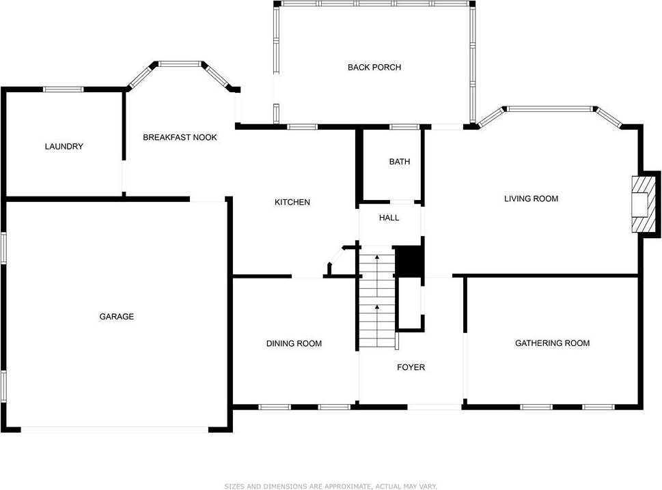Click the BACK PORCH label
[374, 67]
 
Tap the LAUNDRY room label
[64, 146]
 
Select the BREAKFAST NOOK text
[180, 137]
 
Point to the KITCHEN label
[292, 202]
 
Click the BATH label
[400, 162]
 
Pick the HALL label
[389, 218]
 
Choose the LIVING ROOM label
[531, 199]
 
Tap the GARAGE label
[117, 316]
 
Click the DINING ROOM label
[294, 344]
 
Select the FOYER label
[411, 367]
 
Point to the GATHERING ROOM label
[552, 343]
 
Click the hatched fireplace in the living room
[640, 205]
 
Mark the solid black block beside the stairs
[409, 261]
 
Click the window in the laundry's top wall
[64, 89]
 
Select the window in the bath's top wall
[404, 126]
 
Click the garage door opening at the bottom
[115, 430]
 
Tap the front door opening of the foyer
[435, 407]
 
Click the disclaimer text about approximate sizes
[331, 486]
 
